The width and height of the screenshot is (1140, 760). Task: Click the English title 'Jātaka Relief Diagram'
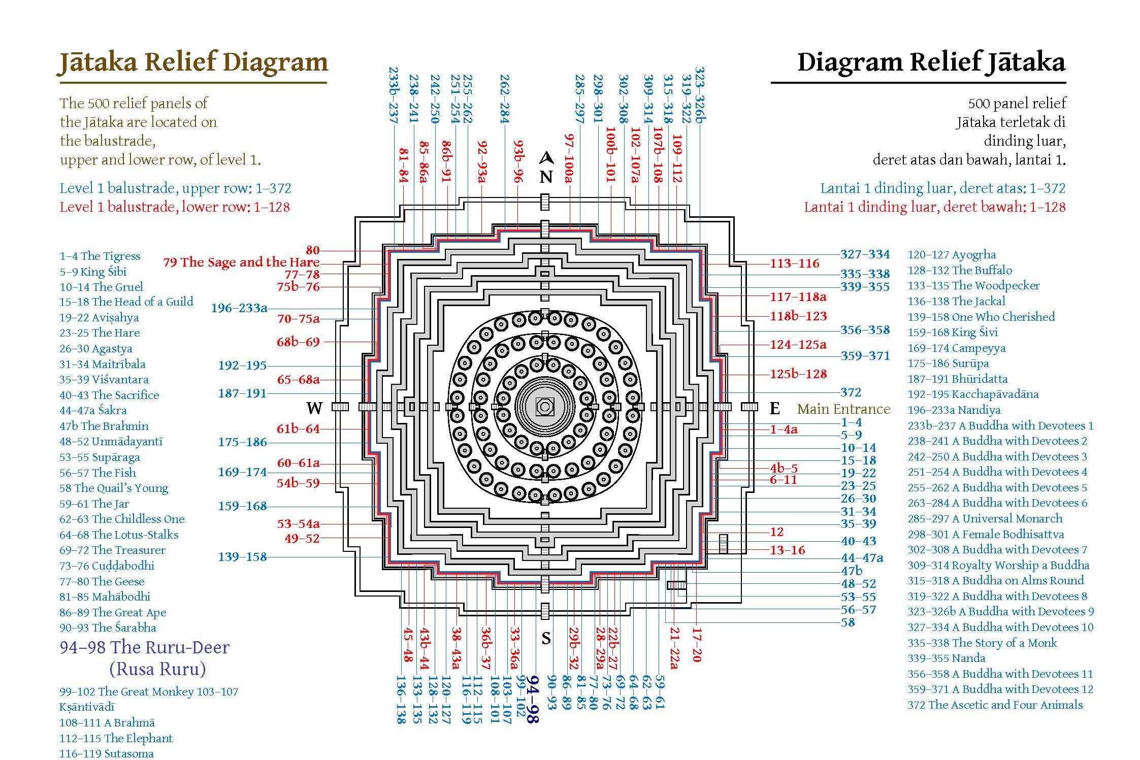click(x=193, y=62)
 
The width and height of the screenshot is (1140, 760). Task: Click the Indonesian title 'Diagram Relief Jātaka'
click(x=931, y=62)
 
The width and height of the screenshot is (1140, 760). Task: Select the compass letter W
click(x=314, y=408)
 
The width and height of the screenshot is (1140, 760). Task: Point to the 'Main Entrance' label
click(x=843, y=409)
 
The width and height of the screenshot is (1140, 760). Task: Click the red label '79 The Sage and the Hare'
click(x=241, y=262)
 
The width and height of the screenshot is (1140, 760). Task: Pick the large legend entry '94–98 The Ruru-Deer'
click(x=145, y=647)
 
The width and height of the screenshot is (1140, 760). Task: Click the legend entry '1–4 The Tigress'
click(x=100, y=256)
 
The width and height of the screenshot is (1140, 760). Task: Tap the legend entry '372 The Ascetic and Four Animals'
click(x=995, y=705)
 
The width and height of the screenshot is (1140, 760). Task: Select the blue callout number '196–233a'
click(x=239, y=308)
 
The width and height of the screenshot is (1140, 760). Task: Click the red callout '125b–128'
click(x=798, y=374)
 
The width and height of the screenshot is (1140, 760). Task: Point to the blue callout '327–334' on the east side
click(x=865, y=254)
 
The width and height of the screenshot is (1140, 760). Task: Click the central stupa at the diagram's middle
click(x=545, y=407)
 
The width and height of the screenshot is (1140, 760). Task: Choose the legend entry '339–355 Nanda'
click(x=947, y=658)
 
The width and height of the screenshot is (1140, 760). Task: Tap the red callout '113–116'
click(x=795, y=263)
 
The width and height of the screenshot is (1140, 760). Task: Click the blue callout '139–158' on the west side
click(x=242, y=557)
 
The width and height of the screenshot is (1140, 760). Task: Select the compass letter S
click(x=546, y=638)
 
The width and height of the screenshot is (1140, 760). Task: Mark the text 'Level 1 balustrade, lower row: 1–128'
click(x=175, y=207)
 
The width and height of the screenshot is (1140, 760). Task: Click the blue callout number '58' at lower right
click(x=848, y=622)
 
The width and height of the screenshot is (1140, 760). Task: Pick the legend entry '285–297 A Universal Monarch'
click(x=985, y=518)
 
